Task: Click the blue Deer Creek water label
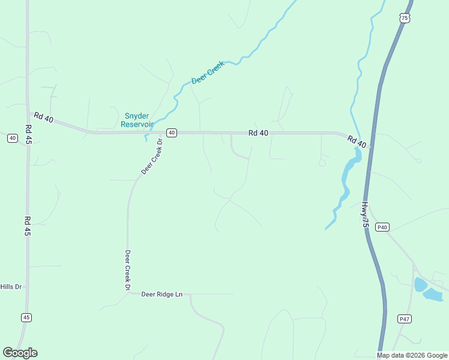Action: click(208, 72)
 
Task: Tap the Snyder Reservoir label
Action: click(137, 120)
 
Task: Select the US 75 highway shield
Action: click(405, 19)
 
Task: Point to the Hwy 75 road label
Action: click(364, 214)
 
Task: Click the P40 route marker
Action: click(382, 227)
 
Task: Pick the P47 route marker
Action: click(404, 319)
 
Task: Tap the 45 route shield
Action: click(26, 317)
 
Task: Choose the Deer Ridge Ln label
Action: click(161, 294)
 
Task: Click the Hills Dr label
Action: click(11, 287)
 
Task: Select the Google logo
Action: click(20, 353)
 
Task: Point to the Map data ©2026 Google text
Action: click(412, 355)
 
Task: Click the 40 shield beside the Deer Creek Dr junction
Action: click(172, 133)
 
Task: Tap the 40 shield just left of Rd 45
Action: click(13, 138)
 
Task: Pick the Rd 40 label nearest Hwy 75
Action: click(357, 142)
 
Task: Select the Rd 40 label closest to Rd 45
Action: click(44, 118)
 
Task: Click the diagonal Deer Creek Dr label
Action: click(152, 157)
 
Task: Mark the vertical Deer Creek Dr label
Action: click(128, 270)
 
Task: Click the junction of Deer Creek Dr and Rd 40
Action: click(163, 133)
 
